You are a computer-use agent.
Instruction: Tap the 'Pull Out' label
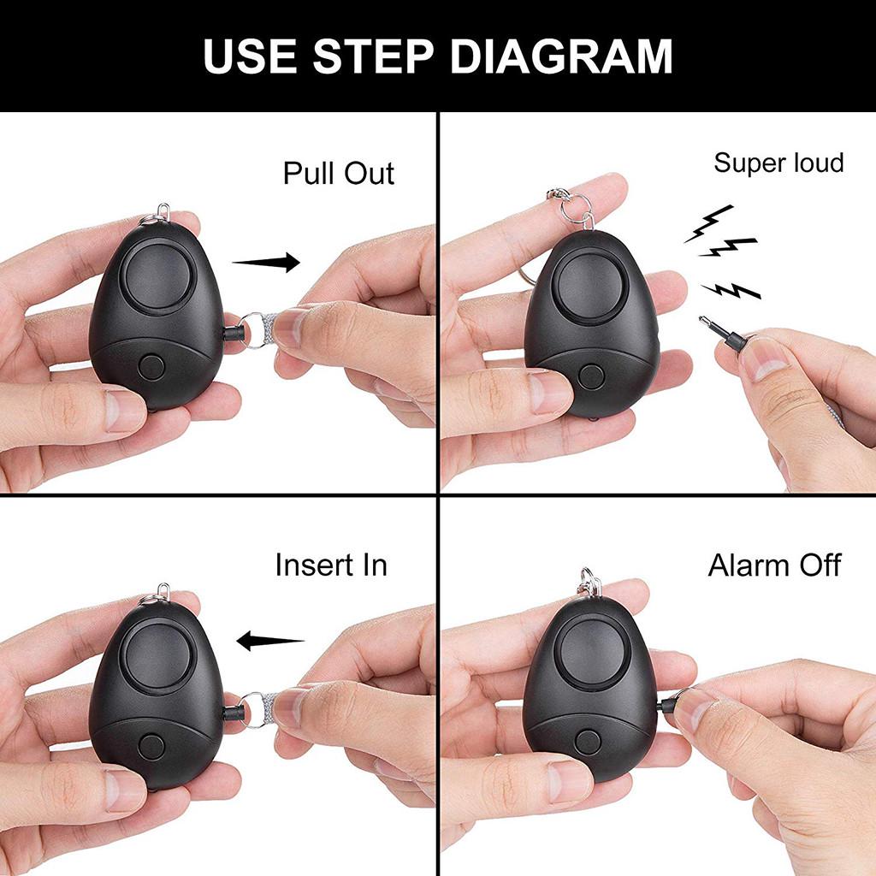click(x=339, y=173)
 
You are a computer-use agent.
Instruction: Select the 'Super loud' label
click(x=778, y=163)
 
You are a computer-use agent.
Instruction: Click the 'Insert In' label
click(x=331, y=565)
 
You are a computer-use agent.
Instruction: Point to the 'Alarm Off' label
click(x=774, y=565)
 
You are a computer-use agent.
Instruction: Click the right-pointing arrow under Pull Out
click(x=267, y=262)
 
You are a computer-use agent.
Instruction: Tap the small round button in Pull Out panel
click(x=151, y=368)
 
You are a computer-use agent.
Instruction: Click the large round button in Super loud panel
click(x=592, y=288)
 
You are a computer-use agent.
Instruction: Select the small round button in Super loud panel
click(x=589, y=376)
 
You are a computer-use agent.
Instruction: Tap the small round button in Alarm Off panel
click(x=588, y=740)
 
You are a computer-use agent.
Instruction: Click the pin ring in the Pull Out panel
click(x=252, y=331)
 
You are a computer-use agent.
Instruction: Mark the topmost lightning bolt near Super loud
click(x=709, y=224)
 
